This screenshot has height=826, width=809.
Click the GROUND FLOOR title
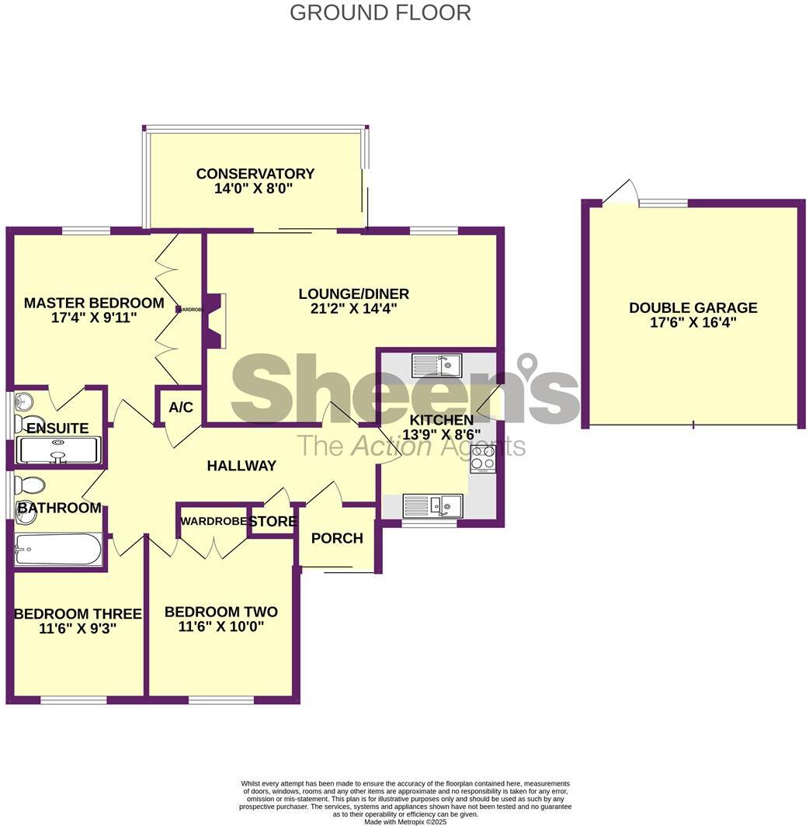point(380,13)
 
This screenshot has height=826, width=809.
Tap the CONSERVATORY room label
point(255,174)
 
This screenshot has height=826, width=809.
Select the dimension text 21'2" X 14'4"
point(353,309)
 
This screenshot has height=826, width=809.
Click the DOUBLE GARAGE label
point(693,308)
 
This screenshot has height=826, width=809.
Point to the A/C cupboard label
point(180,408)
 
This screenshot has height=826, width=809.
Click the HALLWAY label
point(241,466)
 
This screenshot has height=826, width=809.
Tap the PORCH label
point(337,538)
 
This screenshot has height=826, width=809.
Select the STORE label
point(273,522)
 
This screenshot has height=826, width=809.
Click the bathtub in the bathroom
point(58,550)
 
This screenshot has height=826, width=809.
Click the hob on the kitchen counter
point(483,458)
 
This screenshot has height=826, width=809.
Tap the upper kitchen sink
point(436,364)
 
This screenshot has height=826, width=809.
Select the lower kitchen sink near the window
point(432,505)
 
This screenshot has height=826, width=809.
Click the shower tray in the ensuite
point(58,451)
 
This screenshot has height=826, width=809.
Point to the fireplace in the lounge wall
point(214,320)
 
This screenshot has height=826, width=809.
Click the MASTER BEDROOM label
point(94,304)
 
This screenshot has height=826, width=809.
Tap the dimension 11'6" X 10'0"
point(221,626)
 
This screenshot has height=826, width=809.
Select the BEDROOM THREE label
point(78,614)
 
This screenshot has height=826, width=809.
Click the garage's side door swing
point(621,193)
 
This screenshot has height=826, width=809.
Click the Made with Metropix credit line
point(404,821)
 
